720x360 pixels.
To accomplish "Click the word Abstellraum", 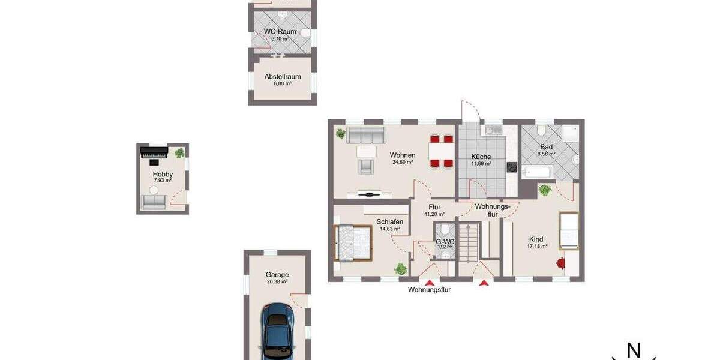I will tap(283, 77).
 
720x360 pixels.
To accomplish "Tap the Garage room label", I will tap(277, 275).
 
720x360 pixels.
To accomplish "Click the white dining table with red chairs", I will tap(441, 151).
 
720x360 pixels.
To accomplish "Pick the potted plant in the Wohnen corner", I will tap(340, 133).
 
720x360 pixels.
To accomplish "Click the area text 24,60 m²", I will tap(403, 162).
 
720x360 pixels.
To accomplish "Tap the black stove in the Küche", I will tap(512, 167).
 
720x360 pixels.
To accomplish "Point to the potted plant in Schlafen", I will tap(399, 269).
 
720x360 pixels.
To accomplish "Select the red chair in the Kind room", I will tap(560, 262).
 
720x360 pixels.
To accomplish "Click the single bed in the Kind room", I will tap(568, 230).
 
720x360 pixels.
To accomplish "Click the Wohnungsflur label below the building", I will tap(429, 290).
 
